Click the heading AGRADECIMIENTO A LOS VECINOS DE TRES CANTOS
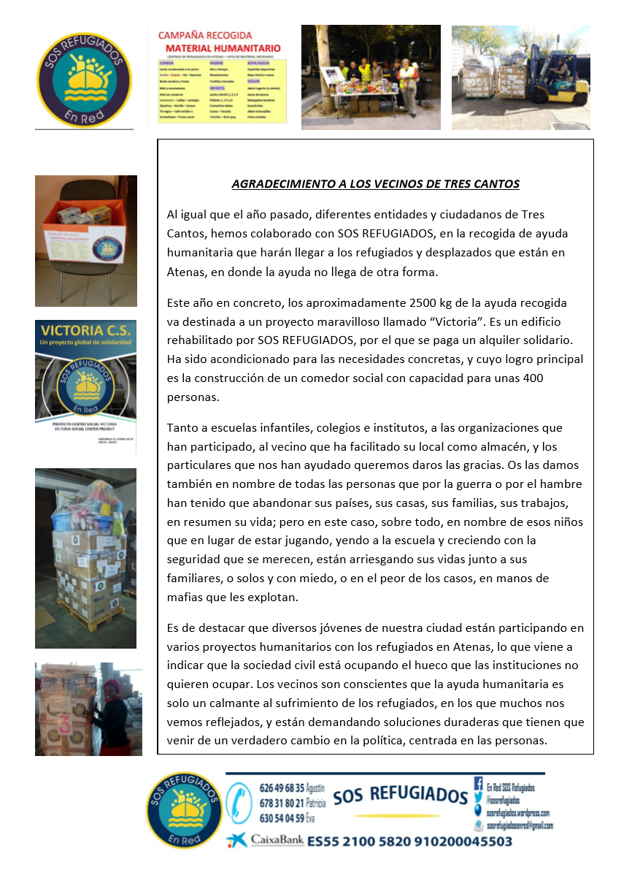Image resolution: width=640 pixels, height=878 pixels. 375,184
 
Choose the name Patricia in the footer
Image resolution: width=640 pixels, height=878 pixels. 315,803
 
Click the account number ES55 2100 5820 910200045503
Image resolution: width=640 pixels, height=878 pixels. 409,841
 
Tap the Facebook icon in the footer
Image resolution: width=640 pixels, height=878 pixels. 479,782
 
